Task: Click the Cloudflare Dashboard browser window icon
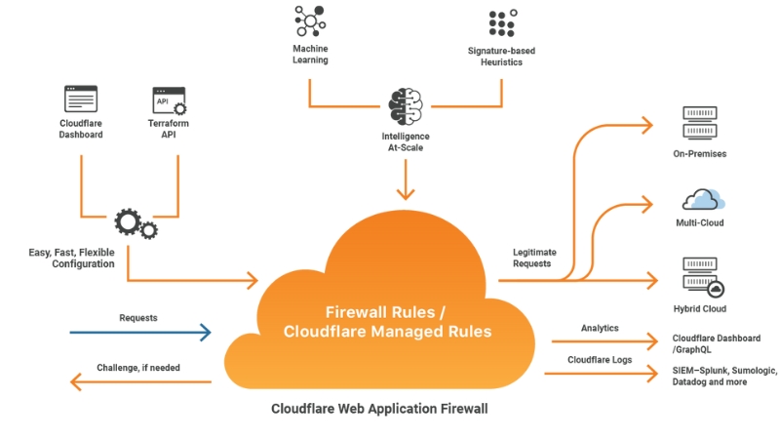(81, 100)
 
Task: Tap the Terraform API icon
(169, 100)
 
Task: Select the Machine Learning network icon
(309, 22)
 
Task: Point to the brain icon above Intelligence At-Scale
(405, 106)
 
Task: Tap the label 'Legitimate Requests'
(531, 258)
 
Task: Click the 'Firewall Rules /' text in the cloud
(386, 312)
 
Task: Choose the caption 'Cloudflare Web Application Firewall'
(379, 409)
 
